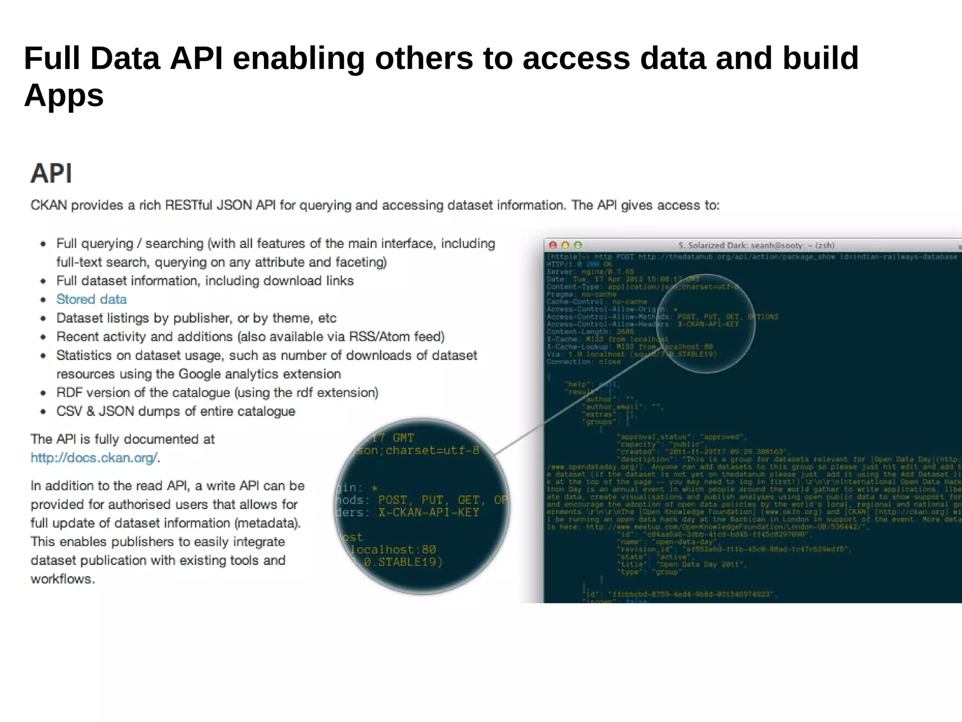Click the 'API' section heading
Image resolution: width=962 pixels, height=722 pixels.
tap(51, 173)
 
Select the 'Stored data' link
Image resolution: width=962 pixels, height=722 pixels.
tap(91, 299)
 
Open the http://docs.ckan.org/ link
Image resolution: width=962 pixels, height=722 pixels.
tap(94, 458)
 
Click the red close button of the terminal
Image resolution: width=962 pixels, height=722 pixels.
tap(553, 245)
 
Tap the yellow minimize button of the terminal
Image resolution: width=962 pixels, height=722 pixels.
tap(566, 245)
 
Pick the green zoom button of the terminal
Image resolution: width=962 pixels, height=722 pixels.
tap(578, 245)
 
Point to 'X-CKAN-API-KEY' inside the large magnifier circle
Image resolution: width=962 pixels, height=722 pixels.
tap(428, 512)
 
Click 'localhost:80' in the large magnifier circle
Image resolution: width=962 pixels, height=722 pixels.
tap(393, 549)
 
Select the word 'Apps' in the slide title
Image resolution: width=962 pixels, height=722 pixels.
tap(64, 95)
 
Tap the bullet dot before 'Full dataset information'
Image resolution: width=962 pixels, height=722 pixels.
tap(43, 281)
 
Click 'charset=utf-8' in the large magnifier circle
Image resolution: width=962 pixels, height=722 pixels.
tap(432, 450)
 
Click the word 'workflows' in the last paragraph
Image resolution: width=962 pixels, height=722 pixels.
tap(61, 579)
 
